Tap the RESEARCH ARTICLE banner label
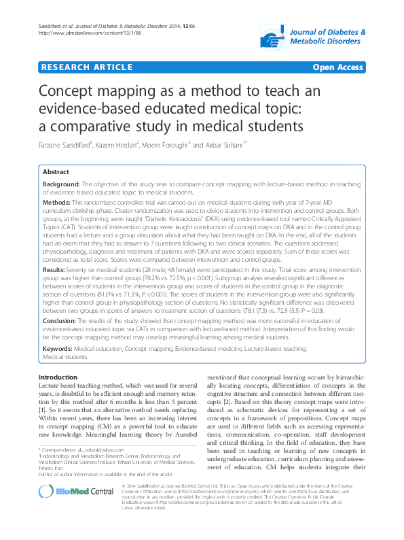(x=86, y=68)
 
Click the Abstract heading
(x=58, y=173)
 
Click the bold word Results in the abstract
(x=55, y=270)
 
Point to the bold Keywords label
(x=58, y=348)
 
